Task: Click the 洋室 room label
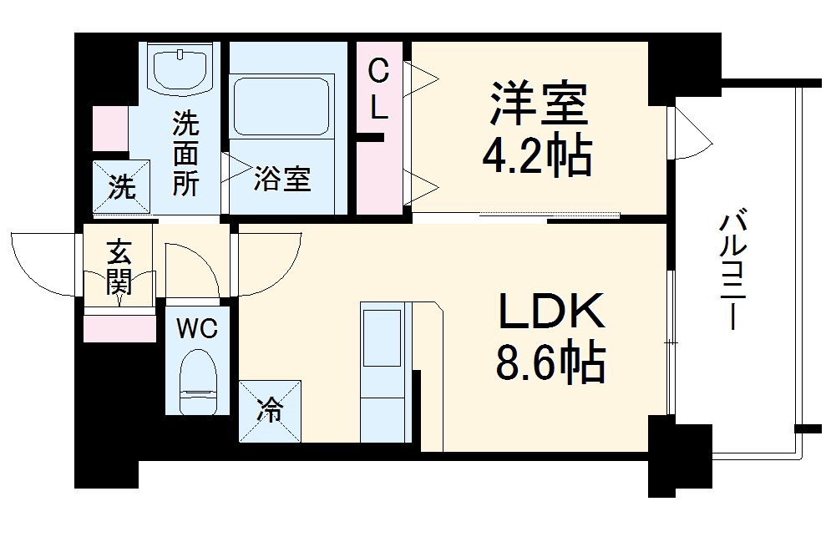click(x=540, y=103)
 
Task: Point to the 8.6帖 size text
click(x=551, y=364)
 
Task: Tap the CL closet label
click(x=379, y=90)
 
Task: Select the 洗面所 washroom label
click(x=185, y=155)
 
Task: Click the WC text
click(x=196, y=328)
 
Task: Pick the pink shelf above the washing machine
click(x=110, y=129)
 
